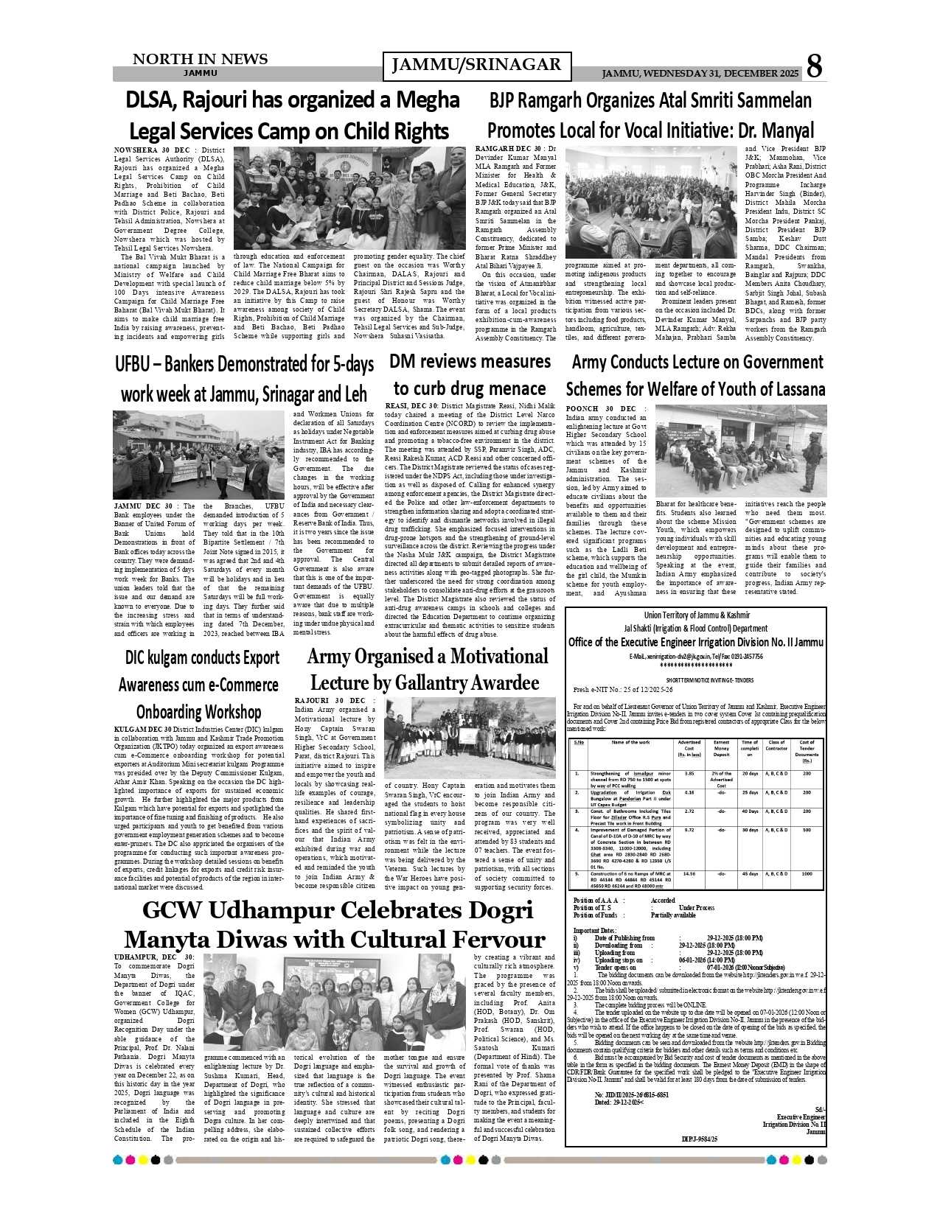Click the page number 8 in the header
[x=814, y=66]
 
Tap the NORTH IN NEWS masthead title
[x=200, y=59]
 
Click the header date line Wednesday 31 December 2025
[x=700, y=74]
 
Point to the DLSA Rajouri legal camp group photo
[x=349, y=198]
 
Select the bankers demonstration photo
[x=198, y=454]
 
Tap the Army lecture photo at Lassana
[x=740, y=450]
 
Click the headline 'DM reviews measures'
[x=470, y=362]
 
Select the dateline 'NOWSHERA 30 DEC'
[x=151, y=150]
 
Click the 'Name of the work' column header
[x=630, y=742]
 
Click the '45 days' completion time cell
[x=750, y=874]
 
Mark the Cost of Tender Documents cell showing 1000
[x=807, y=874]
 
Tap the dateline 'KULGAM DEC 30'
[x=143, y=729]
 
